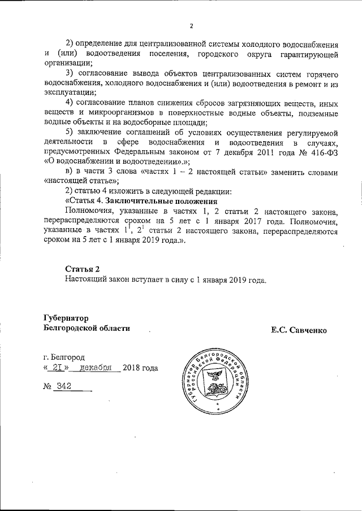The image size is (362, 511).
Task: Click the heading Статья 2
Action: point(83,268)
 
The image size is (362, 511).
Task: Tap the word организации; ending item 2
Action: point(66,64)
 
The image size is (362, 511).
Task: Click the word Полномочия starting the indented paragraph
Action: point(89,211)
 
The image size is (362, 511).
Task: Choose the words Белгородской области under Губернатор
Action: point(87,328)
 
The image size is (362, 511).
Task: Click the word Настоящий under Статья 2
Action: point(87,279)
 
